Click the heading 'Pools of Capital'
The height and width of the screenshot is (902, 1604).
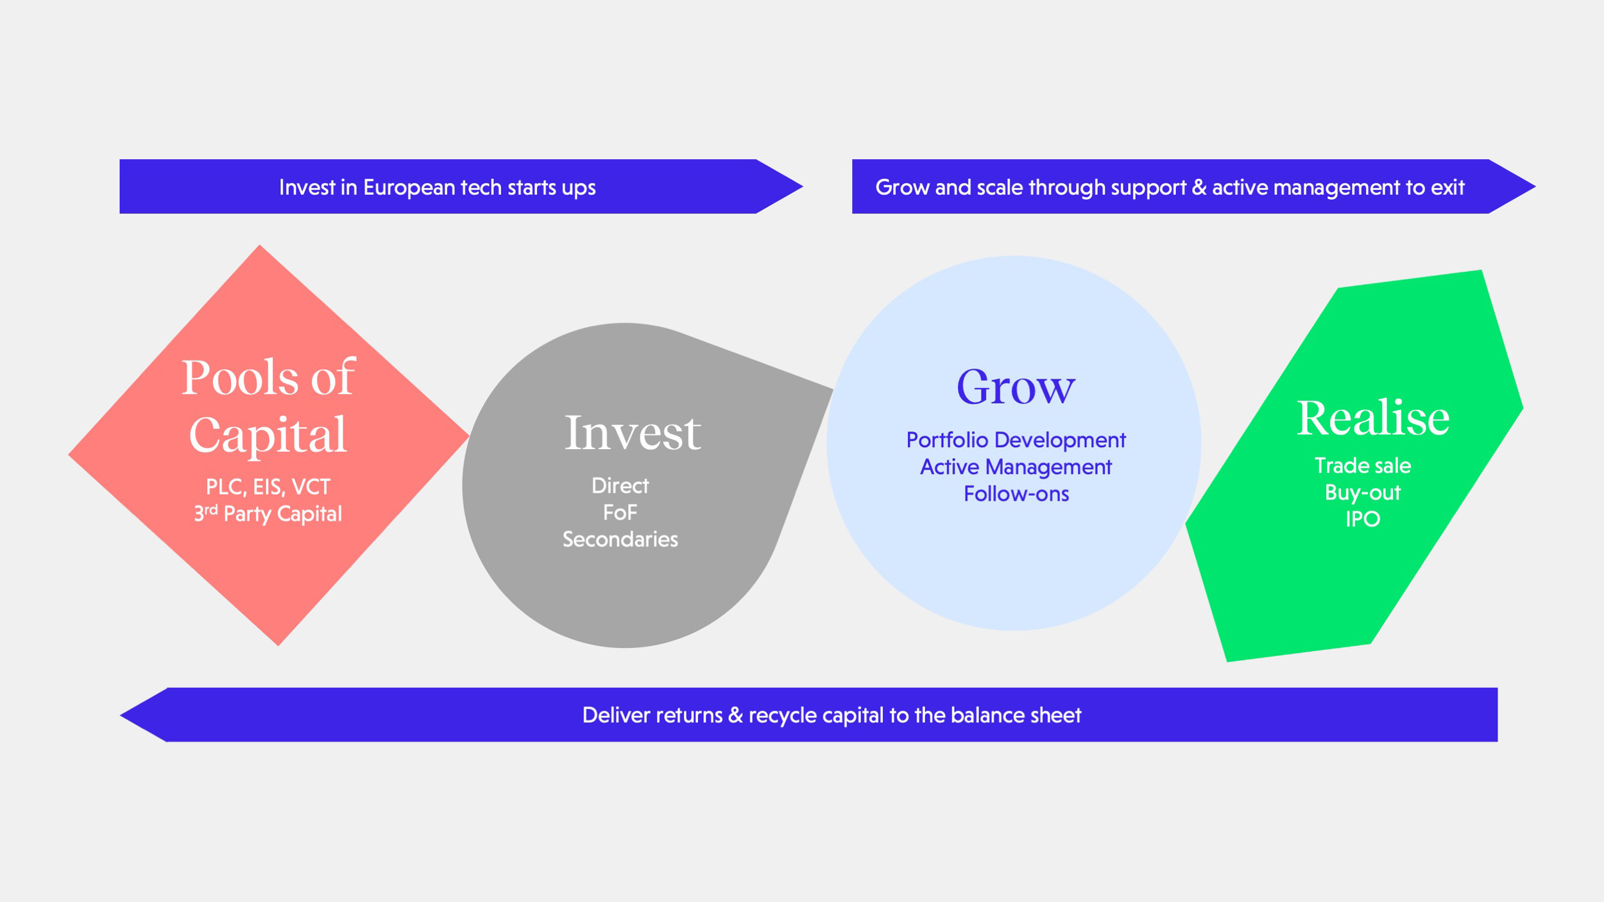coord(268,405)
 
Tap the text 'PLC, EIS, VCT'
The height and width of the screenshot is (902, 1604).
coord(268,487)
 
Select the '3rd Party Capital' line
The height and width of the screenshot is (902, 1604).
coord(268,514)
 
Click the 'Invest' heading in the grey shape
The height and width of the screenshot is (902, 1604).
coord(632,433)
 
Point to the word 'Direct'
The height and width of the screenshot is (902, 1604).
coord(620,486)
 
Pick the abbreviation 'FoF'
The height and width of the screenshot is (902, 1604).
coord(620,513)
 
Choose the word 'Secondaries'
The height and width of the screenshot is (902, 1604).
coord(620,540)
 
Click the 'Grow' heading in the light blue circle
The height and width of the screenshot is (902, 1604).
coord(1015,387)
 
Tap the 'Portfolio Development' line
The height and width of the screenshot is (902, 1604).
coord(1015,440)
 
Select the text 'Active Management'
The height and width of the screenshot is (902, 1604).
coord(1015,467)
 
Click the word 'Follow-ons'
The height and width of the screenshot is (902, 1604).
coord(1016,494)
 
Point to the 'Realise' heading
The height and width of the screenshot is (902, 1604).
coord(1372,418)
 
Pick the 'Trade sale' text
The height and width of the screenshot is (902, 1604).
coord(1362,466)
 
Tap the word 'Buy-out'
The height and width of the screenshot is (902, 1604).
coord(1362,493)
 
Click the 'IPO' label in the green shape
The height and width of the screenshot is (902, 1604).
coord(1362,519)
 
